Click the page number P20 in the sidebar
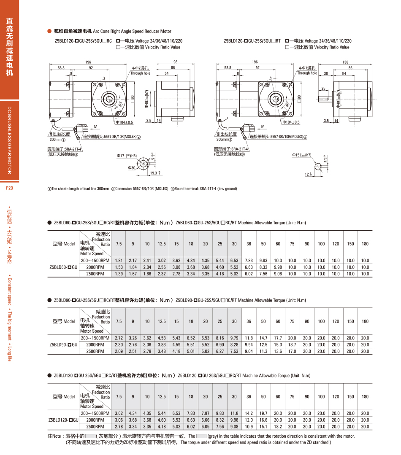(10, 188)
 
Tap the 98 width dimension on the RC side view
(175, 62)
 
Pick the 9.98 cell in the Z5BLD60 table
(278, 267)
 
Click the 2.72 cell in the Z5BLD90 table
(119, 338)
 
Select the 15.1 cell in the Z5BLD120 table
(263, 426)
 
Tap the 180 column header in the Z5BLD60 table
(365, 244)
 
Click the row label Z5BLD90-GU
(63, 345)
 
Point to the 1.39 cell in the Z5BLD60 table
(119, 274)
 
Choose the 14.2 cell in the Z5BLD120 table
(249, 413)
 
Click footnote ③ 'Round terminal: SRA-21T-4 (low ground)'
(203, 188)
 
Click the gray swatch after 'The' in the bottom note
(201, 436)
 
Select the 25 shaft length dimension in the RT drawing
(323, 89)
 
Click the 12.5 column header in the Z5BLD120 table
(162, 396)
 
